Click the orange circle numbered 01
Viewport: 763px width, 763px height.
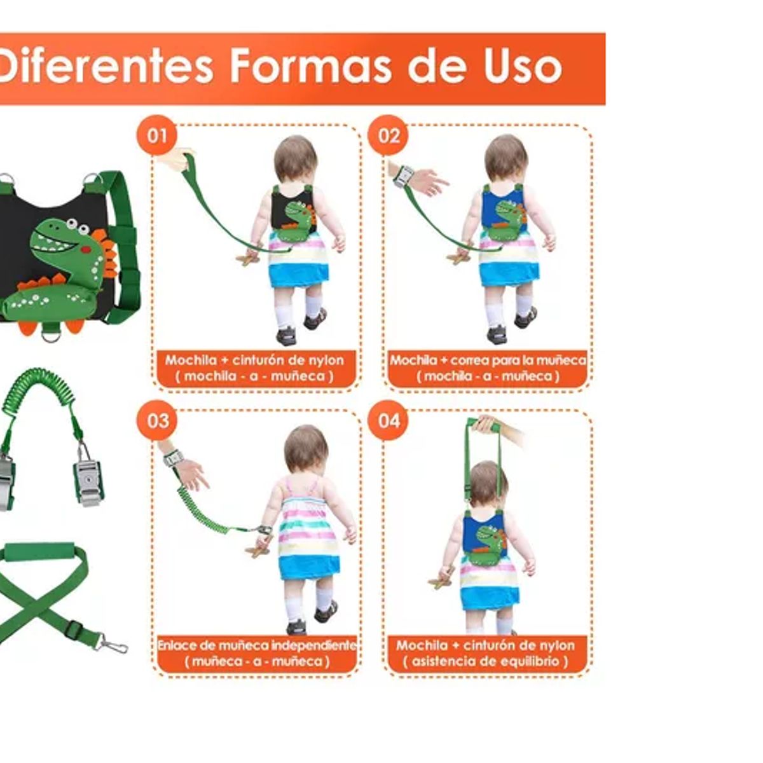click(x=157, y=135)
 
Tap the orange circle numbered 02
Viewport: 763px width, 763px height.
click(x=388, y=135)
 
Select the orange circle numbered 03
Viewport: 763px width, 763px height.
click(x=157, y=420)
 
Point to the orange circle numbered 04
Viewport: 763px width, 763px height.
click(x=388, y=420)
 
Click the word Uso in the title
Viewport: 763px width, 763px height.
click(x=523, y=65)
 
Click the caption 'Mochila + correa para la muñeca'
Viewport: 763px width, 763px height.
click(x=488, y=360)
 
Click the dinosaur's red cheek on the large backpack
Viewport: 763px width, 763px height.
click(x=86, y=249)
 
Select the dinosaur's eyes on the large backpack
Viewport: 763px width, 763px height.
click(x=78, y=226)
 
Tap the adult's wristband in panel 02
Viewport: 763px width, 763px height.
click(x=403, y=177)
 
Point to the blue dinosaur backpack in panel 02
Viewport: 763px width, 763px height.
click(x=504, y=214)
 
